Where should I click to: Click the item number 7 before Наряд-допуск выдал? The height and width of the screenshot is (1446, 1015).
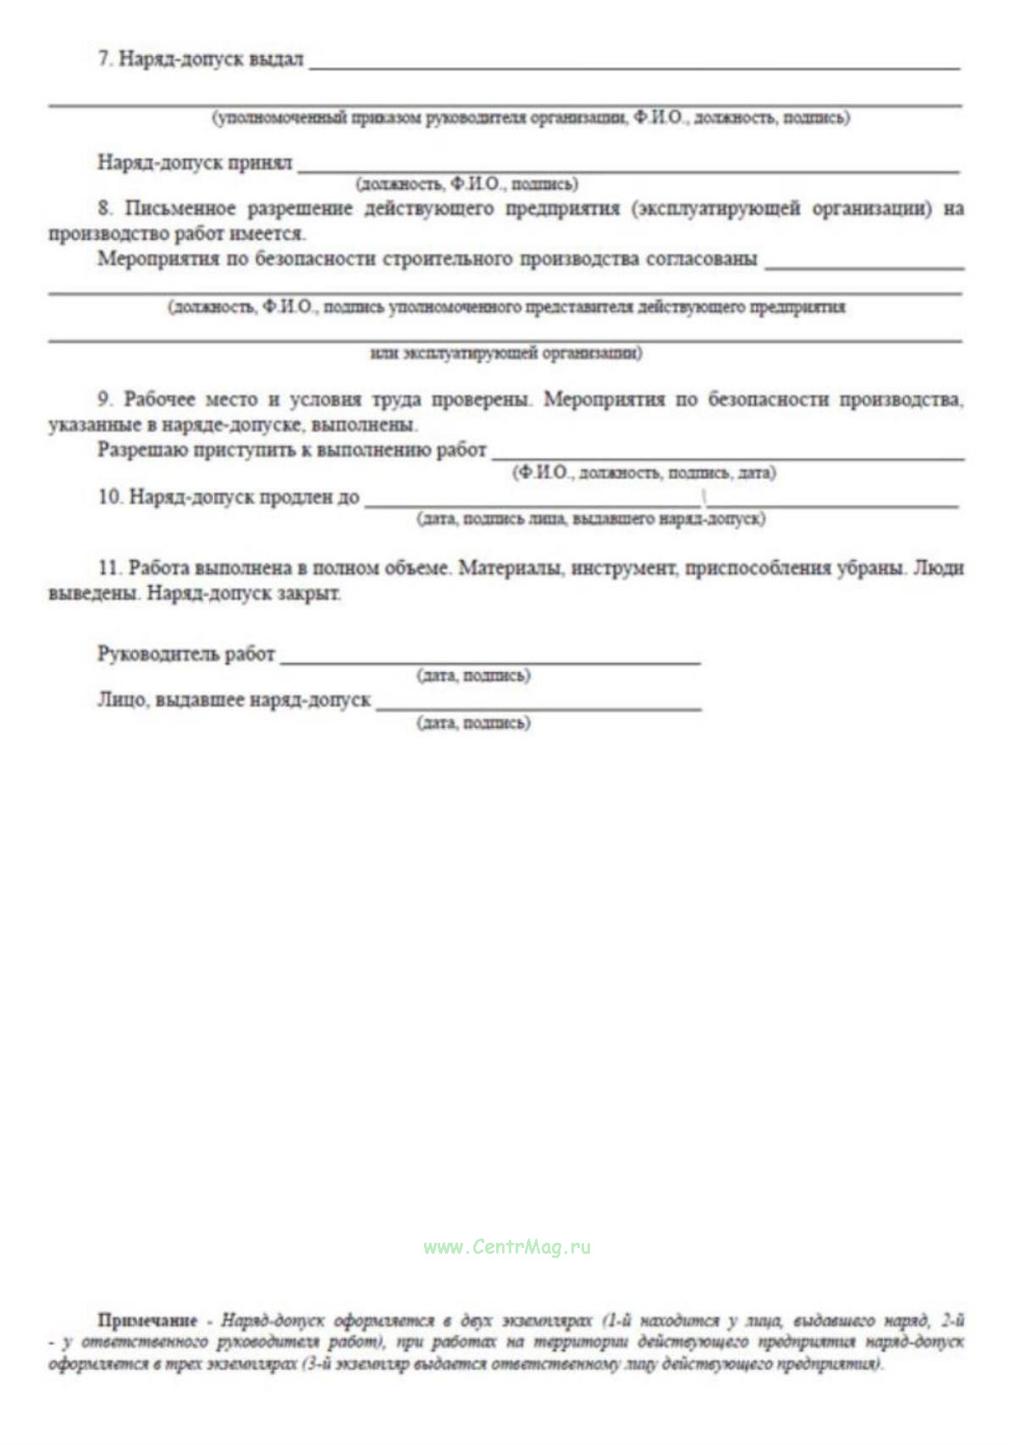click(105, 59)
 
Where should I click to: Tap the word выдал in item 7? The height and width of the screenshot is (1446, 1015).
click(276, 59)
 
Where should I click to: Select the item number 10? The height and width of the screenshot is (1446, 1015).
click(110, 497)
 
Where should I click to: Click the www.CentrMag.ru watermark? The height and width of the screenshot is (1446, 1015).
click(507, 1247)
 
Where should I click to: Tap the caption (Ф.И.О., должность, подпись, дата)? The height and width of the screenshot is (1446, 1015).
click(643, 473)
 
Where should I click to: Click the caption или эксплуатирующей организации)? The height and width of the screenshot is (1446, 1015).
click(505, 353)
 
